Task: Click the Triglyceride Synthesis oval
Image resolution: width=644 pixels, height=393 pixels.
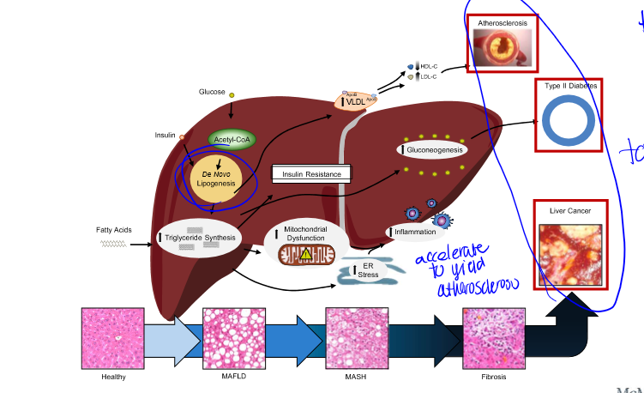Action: coord(200,237)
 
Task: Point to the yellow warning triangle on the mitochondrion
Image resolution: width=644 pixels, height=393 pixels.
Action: coord(306,254)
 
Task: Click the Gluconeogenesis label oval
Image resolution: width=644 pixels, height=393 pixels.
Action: coord(432,149)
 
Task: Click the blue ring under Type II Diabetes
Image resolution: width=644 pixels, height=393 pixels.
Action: coord(565,119)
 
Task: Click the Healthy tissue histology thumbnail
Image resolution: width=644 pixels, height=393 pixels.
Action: coord(112,339)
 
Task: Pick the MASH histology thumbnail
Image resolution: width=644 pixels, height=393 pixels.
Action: coord(357,339)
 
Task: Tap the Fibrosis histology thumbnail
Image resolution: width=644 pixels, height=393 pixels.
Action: coord(493,339)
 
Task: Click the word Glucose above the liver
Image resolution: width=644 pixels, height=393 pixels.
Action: coord(212,92)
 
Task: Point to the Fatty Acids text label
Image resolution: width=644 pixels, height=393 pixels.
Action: coord(113,230)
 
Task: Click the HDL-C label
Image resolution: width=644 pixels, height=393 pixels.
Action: coord(429,66)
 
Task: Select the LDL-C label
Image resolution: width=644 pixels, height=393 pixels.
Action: coord(429,77)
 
